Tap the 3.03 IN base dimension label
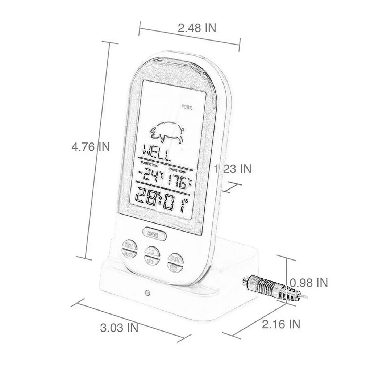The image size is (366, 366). point(119,328)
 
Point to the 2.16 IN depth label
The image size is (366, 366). point(281,324)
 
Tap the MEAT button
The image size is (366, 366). point(129,245)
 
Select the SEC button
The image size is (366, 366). point(150,260)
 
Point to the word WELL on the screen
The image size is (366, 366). point(156,153)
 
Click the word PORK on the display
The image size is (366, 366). point(188,107)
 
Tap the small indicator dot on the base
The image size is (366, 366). point(147,292)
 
